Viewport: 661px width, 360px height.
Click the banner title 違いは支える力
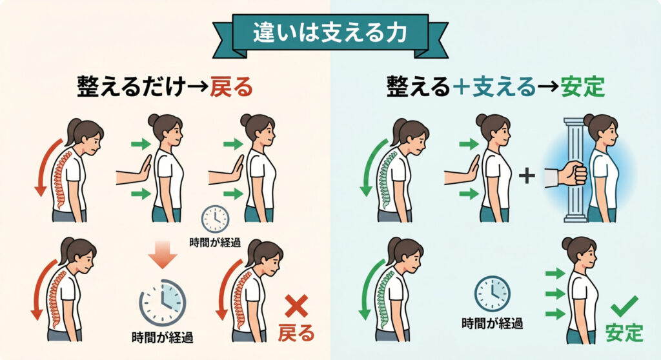[330, 33]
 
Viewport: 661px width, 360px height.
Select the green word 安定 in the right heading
[583, 87]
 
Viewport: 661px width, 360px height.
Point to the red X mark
[296, 306]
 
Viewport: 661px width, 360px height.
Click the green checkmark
[624, 306]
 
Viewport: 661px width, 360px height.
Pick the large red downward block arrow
[163, 254]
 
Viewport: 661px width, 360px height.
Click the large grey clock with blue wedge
[163, 302]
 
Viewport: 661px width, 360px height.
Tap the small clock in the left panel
[215, 219]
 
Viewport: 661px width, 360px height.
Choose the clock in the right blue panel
[493, 294]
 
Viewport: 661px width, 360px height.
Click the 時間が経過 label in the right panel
[493, 324]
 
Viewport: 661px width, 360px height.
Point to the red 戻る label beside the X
[296, 333]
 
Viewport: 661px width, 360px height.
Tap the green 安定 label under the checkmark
[624, 333]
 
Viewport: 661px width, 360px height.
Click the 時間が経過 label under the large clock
[162, 337]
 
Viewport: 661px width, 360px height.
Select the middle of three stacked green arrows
[555, 294]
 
